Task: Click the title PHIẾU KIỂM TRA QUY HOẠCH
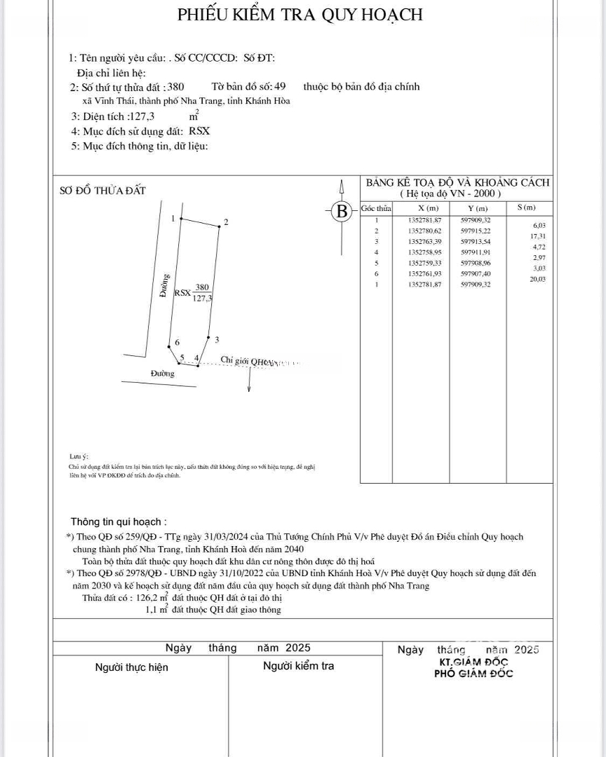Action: click(299, 15)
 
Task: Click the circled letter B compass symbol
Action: click(342, 210)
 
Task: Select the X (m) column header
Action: click(427, 208)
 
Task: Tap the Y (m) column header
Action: click(478, 208)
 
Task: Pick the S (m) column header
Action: click(526, 207)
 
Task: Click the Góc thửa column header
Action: click(376, 208)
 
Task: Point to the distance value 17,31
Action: click(539, 236)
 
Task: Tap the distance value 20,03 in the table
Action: click(539, 279)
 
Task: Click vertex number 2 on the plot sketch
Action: click(225, 222)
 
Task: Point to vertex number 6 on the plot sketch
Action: click(177, 342)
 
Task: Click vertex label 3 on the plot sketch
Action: click(217, 340)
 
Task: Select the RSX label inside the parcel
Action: click(182, 293)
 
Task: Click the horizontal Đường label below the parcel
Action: click(163, 374)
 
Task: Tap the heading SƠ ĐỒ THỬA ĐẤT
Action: click(102, 191)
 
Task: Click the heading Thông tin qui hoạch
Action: click(119, 522)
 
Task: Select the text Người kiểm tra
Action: click(298, 666)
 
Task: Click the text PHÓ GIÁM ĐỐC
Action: click(473, 674)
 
